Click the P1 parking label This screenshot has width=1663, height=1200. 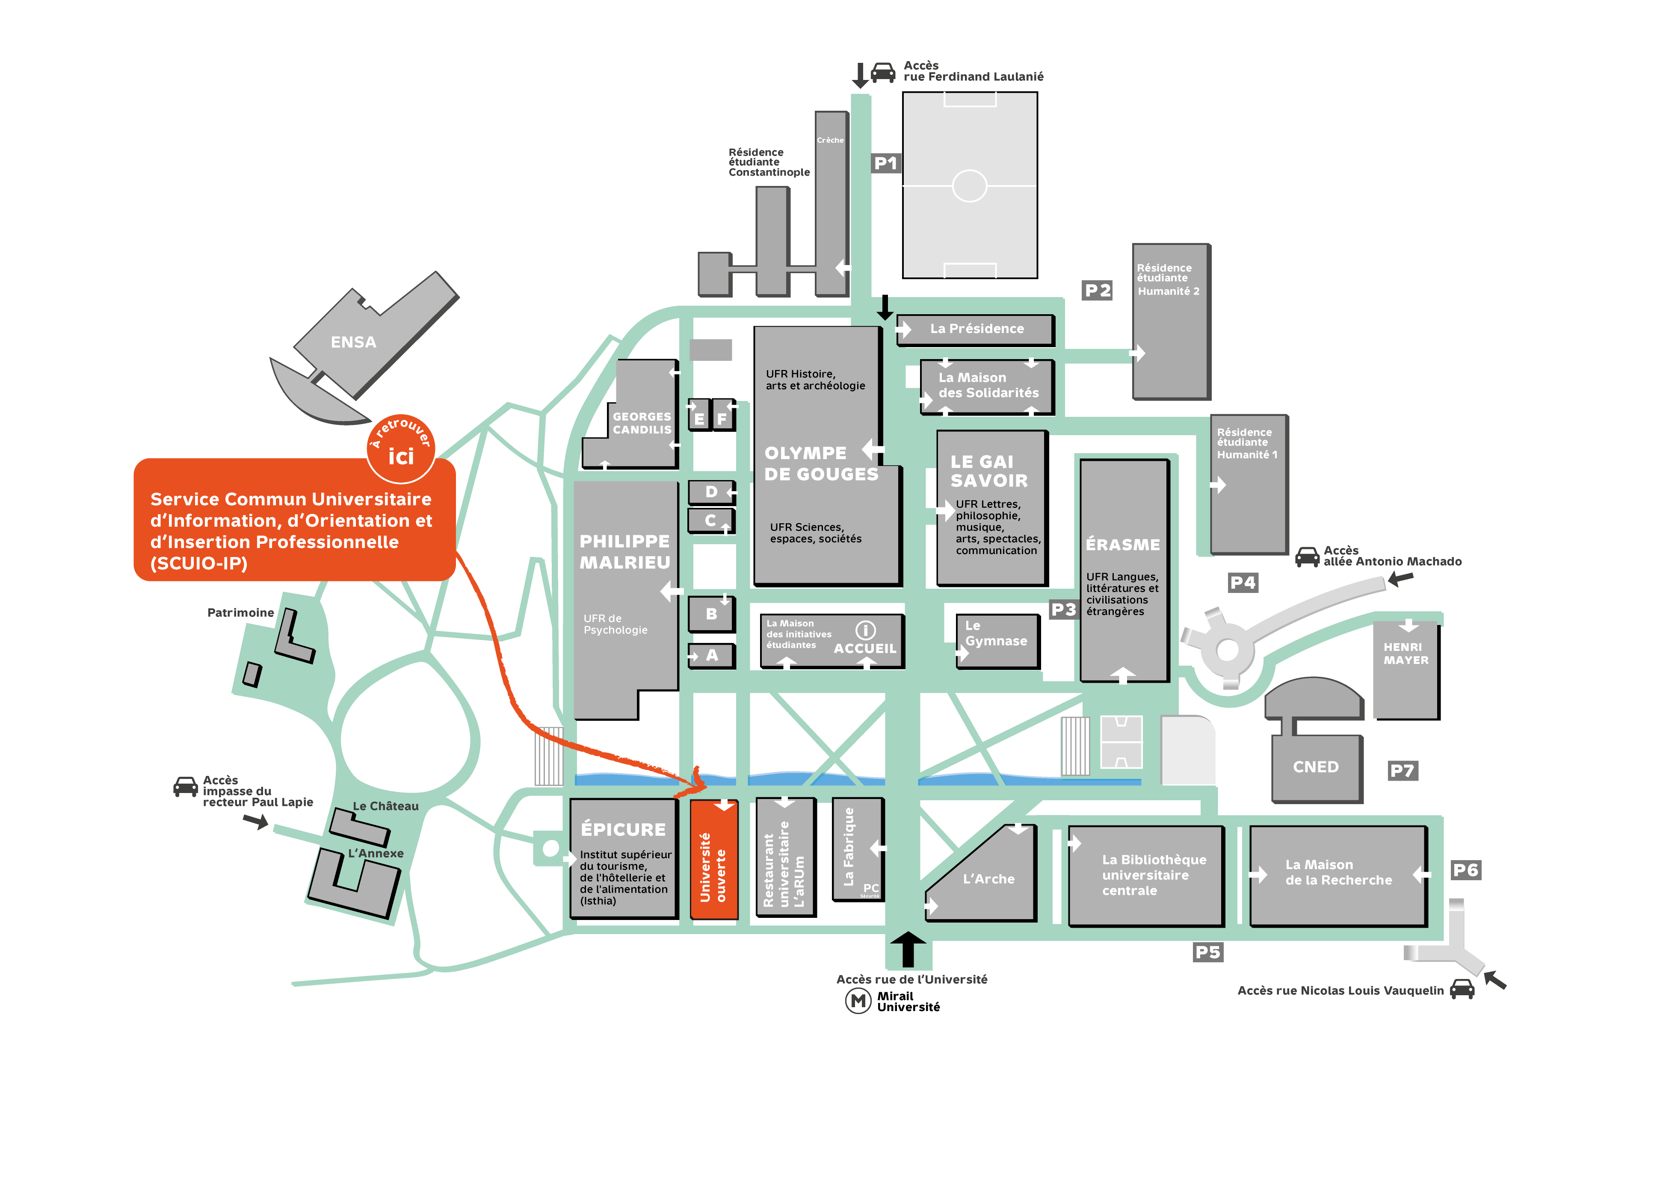(885, 163)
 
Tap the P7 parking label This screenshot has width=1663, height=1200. (1402, 770)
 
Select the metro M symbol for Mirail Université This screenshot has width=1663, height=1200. (858, 1001)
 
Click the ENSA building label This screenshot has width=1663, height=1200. (353, 342)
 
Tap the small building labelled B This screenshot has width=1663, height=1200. (710, 614)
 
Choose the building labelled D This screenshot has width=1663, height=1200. (710, 492)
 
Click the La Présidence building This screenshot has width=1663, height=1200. (976, 329)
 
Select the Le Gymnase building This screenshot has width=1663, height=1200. (997, 640)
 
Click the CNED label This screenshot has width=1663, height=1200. (1315, 767)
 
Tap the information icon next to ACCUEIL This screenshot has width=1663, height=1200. (865, 631)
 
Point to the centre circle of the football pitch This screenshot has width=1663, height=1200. (969, 186)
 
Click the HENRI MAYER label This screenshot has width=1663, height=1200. (1406, 653)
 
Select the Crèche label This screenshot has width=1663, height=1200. (830, 140)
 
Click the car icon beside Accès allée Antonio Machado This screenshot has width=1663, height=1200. (1307, 557)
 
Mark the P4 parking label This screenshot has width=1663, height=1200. (1243, 583)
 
